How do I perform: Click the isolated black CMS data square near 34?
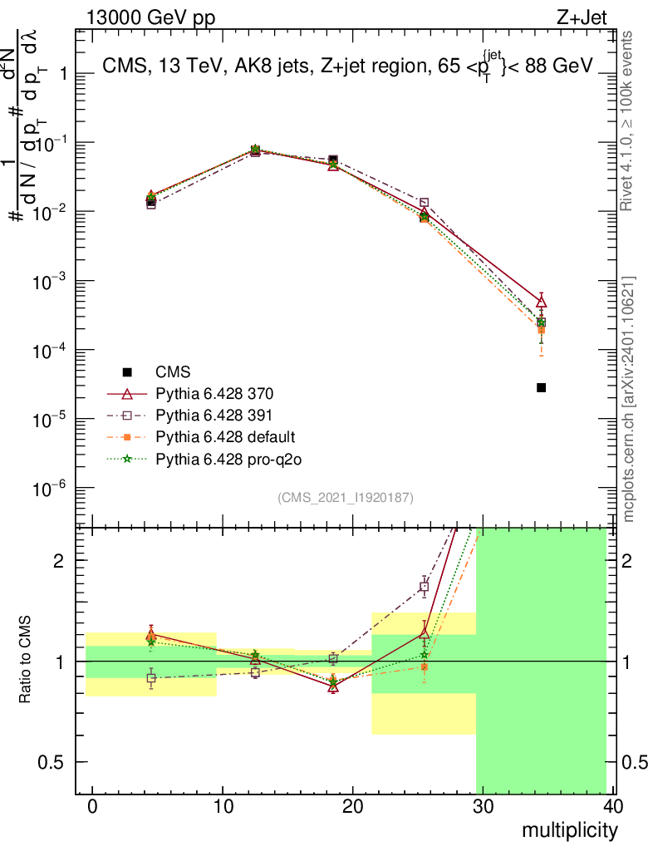click(x=541, y=387)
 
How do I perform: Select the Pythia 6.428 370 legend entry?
click(x=214, y=393)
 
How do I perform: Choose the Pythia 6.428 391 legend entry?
click(x=214, y=415)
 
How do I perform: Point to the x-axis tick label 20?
click(x=353, y=806)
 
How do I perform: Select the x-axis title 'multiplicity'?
click(x=570, y=829)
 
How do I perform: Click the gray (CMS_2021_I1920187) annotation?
click(x=345, y=497)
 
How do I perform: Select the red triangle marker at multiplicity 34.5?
click(x=541, y=302)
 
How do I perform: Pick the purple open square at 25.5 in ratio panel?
click(x=424, y=587)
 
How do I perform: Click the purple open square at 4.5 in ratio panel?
click(x=150, y=678)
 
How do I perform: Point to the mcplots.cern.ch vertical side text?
click(x=629, y=399)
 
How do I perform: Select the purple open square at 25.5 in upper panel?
click(x=424, y=202)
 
